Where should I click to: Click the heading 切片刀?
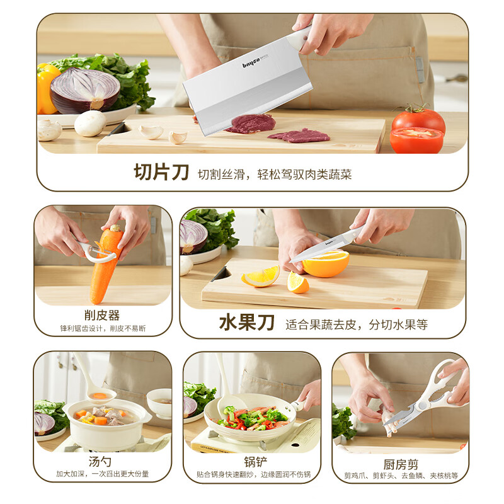pos(161,172)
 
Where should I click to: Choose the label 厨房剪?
pos(401,464)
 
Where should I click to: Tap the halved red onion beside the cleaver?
pos(85,89)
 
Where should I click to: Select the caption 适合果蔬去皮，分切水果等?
pos(356,324)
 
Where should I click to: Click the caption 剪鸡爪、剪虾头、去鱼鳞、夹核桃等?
pos(401,477)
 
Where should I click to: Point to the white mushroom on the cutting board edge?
pos(89,123)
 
